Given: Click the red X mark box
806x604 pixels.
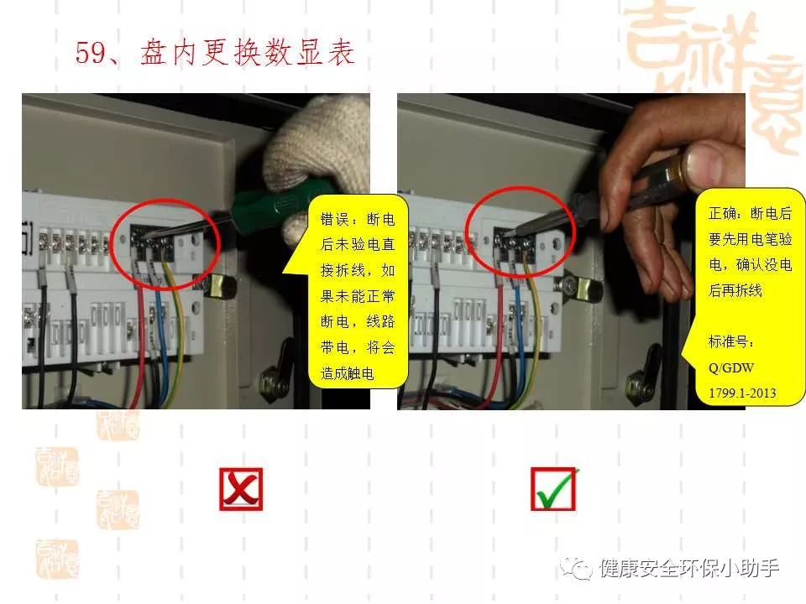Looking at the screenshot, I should [x=241, y=489].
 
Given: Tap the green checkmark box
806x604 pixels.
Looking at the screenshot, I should [x=554, y=489].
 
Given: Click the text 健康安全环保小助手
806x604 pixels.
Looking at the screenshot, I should [x=688, y=569].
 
